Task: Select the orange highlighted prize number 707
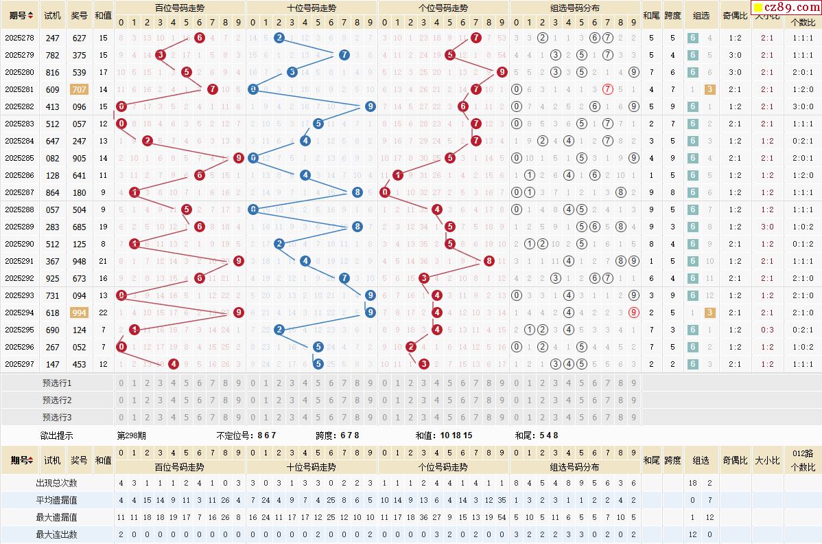(x=79, y=89)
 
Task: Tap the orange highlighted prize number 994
(x=79, y=313)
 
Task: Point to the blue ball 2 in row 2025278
(x=279, y=38)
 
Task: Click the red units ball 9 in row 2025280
(x=502, y=72)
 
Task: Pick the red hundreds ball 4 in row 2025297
(x=174, y=364)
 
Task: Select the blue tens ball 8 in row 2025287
(x=357, y=192)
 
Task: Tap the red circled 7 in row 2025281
(x=607, y=89)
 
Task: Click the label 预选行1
(x=57, y=383)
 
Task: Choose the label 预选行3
(x=57, y=417)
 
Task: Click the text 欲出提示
(x=57, y=435)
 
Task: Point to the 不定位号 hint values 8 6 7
(x=266, y=435)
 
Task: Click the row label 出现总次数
(x=57, y=483)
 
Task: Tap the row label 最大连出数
(x=57, y=534)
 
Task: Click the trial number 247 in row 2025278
(x=53, y=38)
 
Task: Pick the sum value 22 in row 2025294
(x=103, y=313)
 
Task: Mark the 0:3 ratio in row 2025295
(x=767, y=330)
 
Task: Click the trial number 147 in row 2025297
(x=53, y=364)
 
